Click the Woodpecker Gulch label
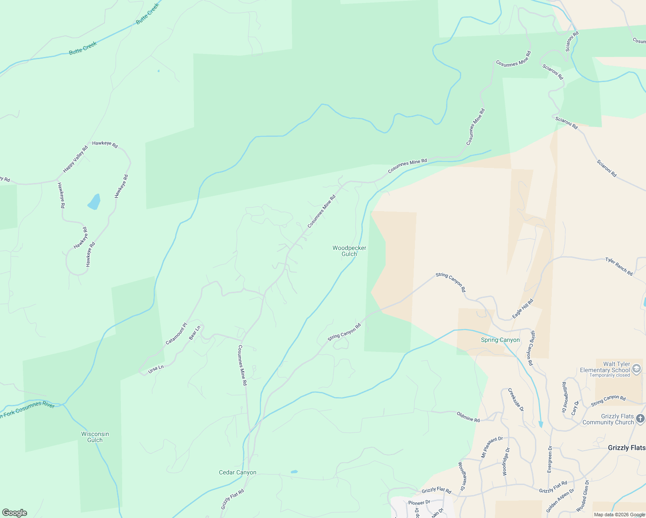coord(349,251)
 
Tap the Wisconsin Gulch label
coord(95,437)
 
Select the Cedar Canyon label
coord(237,473)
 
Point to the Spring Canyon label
coord(500,340)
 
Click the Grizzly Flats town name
coord(627,448)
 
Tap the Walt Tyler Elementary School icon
coord(636,369)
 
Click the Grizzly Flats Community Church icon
coord(640,418)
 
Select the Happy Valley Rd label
coord(75,159)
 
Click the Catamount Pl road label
coord(176,334)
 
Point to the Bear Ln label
coord(195,333)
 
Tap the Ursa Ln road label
coord(156,369)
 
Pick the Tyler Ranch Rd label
coord(619,266)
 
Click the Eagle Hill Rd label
coord(522,309)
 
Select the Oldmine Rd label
coord(468,417)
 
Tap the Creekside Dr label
coord(516,400)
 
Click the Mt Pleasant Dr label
coord(492,447)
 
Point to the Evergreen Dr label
coord(550,458)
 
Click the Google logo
coord(14,513)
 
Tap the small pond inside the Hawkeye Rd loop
coord(94,202)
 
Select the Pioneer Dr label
coord(419,502)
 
